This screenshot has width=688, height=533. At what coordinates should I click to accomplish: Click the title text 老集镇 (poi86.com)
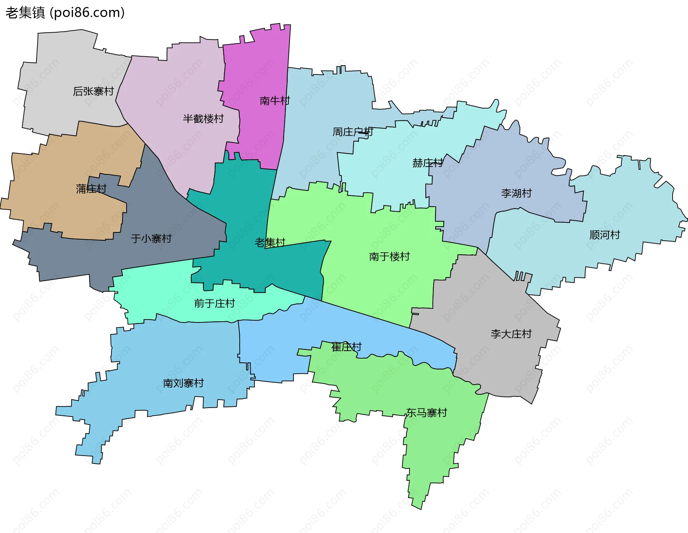(65, 13)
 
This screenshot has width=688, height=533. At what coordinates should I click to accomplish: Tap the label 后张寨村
(93, 91)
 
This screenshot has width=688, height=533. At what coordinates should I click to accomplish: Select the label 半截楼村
(203, 119)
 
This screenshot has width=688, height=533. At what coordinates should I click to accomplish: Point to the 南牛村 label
(274, 101)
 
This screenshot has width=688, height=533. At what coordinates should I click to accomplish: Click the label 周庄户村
(353, 132)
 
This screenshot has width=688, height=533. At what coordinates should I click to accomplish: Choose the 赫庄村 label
(427, 163)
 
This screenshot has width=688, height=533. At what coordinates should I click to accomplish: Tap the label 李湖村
(516, 193)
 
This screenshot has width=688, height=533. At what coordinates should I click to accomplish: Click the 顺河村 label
(605, 235)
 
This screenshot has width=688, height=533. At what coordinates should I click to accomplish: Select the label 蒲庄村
(91, 189)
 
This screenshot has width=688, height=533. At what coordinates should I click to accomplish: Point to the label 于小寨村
(151, 239)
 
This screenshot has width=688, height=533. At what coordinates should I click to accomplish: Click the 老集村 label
(270, 243)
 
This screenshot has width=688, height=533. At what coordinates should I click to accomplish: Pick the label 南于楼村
(389, 256)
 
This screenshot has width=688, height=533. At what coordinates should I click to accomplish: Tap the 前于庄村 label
(214, 303)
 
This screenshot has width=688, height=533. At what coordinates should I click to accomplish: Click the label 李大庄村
(511, 334)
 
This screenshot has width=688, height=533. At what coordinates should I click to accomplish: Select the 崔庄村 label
(346, 347)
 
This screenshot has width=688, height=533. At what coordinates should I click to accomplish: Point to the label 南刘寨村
(183, 383)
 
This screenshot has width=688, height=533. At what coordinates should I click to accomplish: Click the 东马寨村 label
(426, 413)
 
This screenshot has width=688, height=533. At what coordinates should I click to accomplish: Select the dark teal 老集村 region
(244, 201)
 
